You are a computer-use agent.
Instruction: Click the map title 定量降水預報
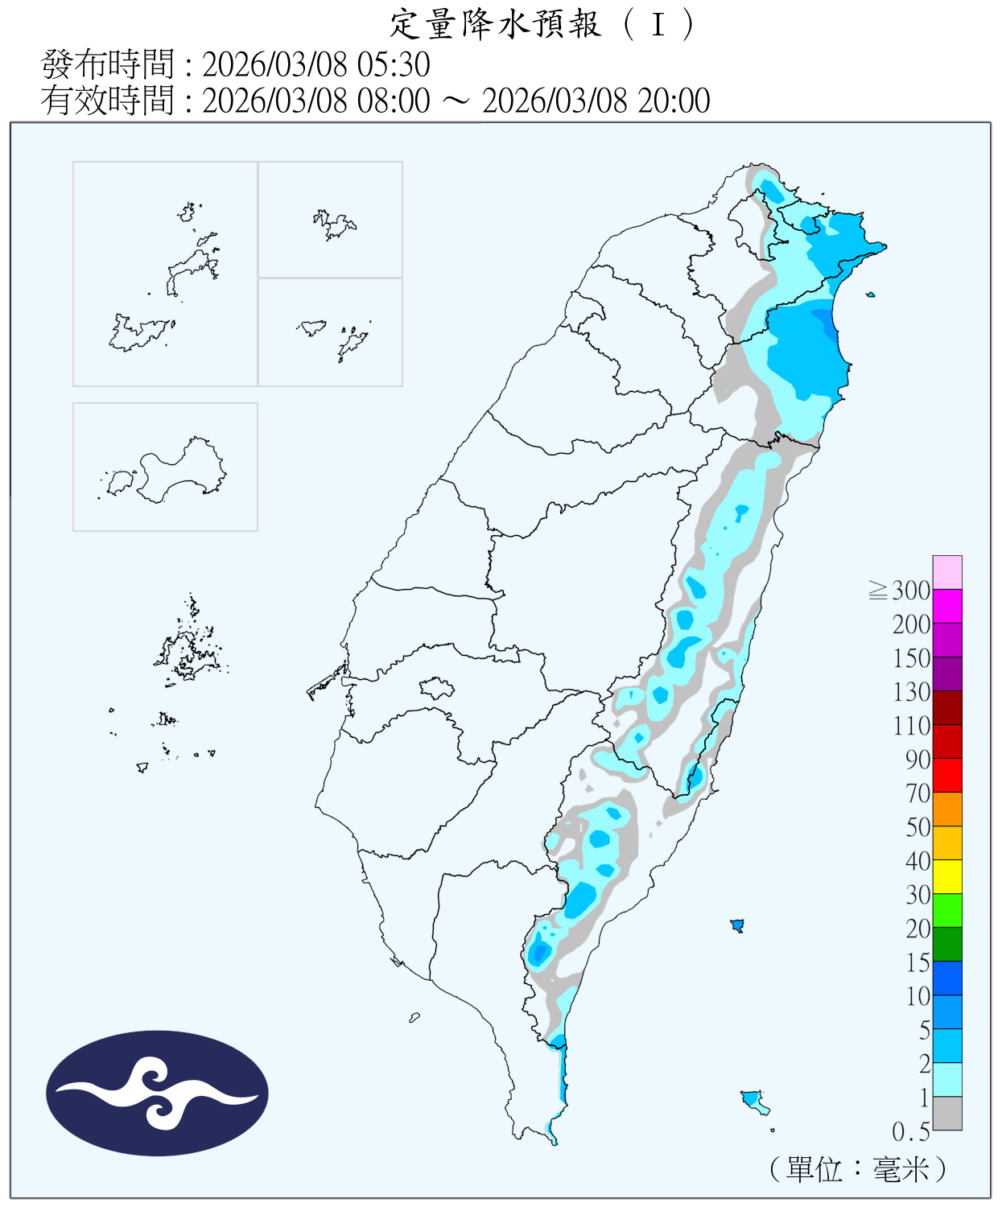tap(495, 24)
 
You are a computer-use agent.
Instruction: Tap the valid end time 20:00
tap(674, 101)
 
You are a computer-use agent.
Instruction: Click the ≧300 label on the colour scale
tap(901, 591)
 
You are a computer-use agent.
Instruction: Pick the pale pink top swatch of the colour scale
tap(947, 572)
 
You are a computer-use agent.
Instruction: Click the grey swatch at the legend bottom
tap(947, 1113)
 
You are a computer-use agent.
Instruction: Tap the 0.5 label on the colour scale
tap(910, 1131)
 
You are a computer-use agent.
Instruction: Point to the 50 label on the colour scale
tap(917, 827)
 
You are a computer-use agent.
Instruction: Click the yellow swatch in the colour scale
tap(947, 876)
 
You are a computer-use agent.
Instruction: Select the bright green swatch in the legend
tap(947, 910)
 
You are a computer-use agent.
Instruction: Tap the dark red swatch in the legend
tap(947, 707)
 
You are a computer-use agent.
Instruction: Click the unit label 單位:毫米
tap(858, 1169)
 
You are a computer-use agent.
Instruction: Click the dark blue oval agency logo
tap(157, 1093)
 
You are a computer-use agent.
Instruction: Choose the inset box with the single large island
tap(165, 467)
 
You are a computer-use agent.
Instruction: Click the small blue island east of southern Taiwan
tap(736, 925)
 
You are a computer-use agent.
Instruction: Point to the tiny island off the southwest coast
tap(414, 1018)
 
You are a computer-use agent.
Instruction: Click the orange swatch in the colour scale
tap(947, 809)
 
